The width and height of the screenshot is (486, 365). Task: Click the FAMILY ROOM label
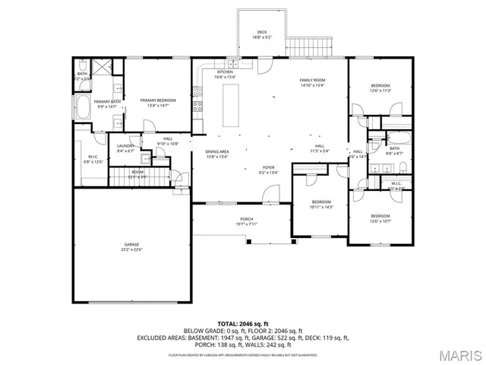pyautogui.click(x=311, y=83)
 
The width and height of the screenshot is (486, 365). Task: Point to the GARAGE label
pyautogui.click(x=133, y=247)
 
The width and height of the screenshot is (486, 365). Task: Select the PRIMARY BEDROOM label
pyautogui.click(x=158, y=103)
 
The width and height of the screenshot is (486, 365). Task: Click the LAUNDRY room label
pyautogui.click(x=125, y=148)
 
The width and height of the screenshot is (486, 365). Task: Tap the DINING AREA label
pyautogui.click(x=217, y=154)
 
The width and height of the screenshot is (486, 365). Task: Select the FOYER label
pyautogui.click(x=269, y=170)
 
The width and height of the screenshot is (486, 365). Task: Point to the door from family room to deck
pyautogui.click(x=261, y=65)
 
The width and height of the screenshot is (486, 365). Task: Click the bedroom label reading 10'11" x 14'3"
pyautogui.click(x=321, y=205)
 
